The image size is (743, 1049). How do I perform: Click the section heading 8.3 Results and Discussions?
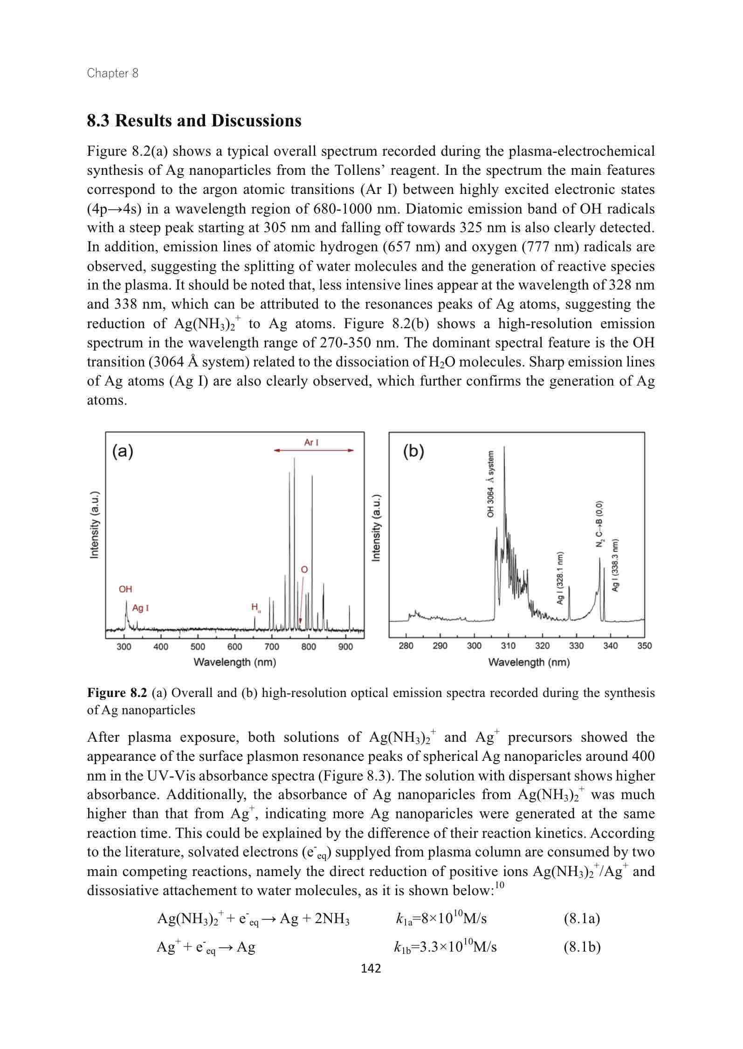[x=194, y=121]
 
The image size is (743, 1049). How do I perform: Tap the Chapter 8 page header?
[x=113, y=73]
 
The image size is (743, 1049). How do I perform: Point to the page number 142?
[x=371, y=969]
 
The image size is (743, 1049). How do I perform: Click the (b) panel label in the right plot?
[x=413, y=453]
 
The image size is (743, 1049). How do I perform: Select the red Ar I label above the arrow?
[x=311, y=442]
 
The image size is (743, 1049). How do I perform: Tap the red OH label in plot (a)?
[x=125, y=589]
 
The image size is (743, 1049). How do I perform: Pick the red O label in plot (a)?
[x=304, y=570]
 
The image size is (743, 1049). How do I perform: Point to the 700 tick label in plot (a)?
[x=272, y=647]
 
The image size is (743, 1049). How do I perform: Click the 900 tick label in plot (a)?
[x=345, y=647]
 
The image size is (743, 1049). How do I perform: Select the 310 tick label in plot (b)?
[x=508, y=646]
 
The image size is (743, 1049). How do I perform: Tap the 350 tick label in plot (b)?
[x=644, y=646]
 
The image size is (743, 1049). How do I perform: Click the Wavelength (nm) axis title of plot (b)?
[x=529, y=662]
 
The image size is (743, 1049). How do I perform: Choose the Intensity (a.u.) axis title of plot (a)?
[x=95, y=524]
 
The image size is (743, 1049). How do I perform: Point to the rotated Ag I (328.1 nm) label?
[x=561, y=578]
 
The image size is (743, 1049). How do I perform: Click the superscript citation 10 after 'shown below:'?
[x=500, y=884]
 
